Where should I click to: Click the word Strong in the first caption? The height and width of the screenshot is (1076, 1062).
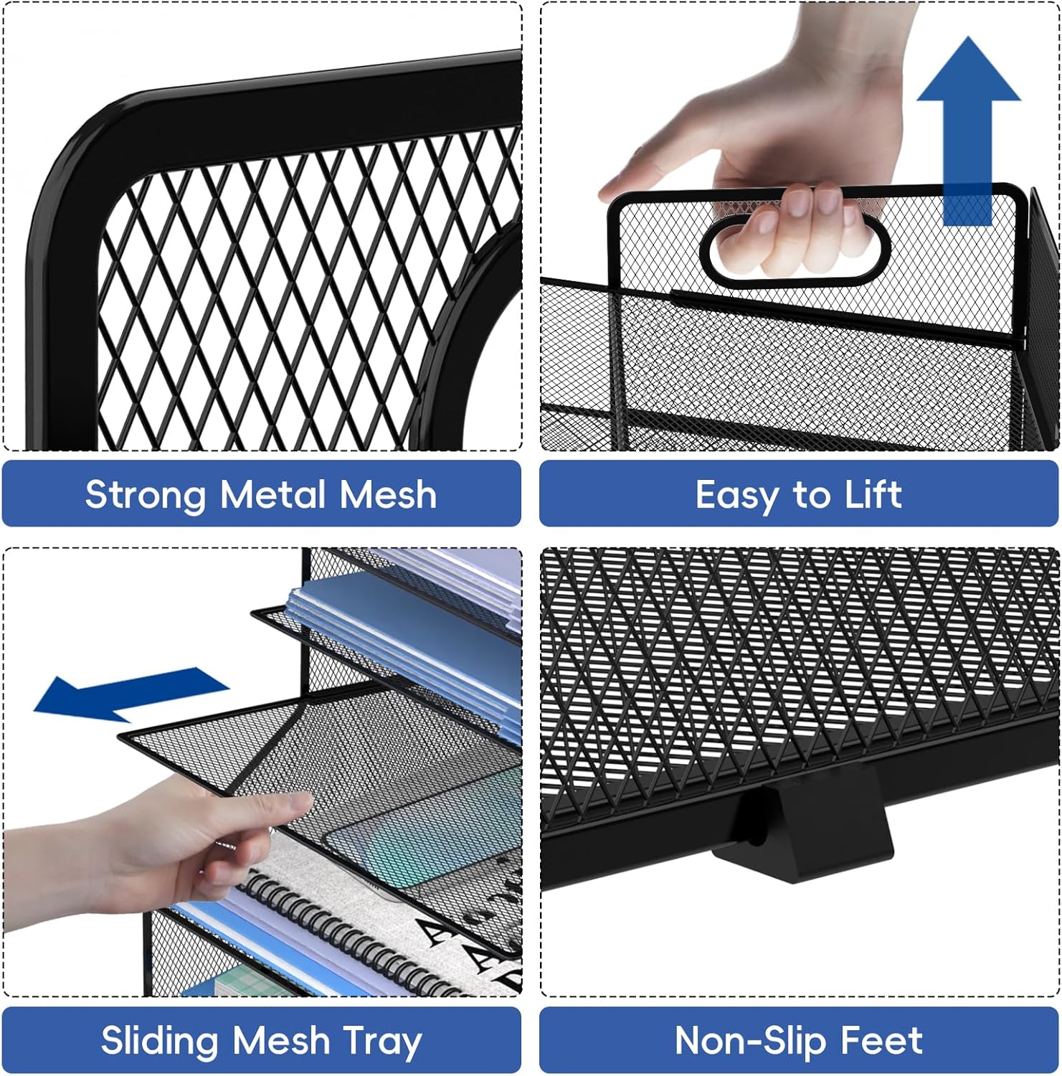click(146, 495)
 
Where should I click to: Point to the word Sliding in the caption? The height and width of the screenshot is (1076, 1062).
click(159, 1041)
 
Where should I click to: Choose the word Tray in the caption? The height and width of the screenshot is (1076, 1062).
click(381, 1041)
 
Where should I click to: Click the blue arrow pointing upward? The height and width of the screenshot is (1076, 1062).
click(968, 129)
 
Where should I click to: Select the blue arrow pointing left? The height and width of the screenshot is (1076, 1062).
click(129, 693)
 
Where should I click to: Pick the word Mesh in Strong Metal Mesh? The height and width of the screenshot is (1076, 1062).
click(388, 495)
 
